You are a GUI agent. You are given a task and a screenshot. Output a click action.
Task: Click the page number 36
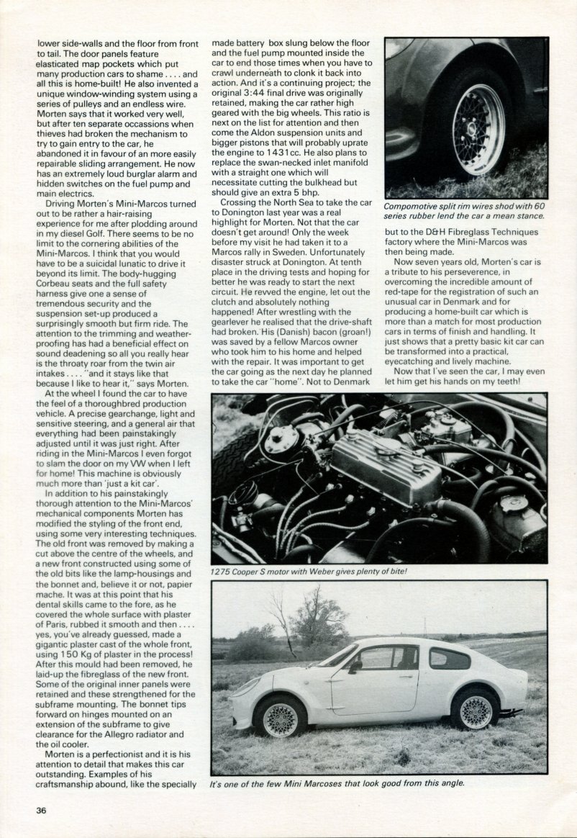point(42,810)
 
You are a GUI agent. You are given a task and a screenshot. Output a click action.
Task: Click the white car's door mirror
point(354,666)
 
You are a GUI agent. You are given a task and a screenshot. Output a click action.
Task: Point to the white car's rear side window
point(450,658)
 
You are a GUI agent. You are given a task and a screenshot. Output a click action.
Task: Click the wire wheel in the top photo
point(478,129)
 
